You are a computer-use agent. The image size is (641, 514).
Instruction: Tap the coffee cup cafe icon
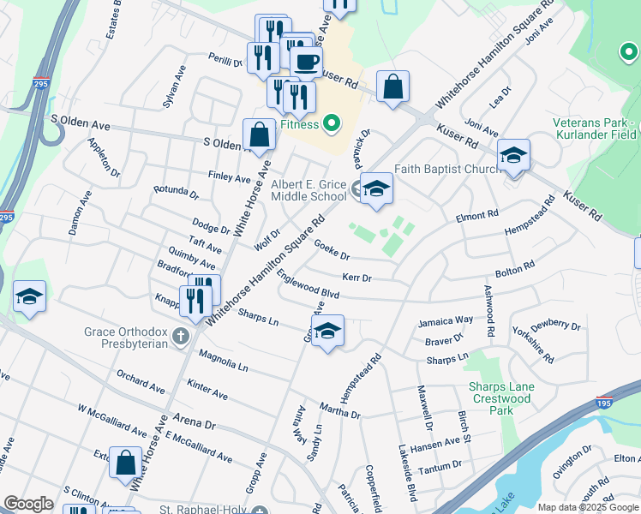click(x=306, y=62)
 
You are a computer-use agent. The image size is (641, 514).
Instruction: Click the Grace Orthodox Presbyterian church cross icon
click(x=180, y=335)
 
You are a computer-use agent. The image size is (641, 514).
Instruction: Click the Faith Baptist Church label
click(x=447, y=169)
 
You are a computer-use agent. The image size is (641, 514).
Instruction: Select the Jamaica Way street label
click(x=446, y=320)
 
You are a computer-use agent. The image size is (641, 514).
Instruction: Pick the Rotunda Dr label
click(x=176, y=190)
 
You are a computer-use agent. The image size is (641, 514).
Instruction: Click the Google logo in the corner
click(x=28, y=504)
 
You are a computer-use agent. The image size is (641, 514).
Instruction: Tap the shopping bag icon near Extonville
click(x=125, y=463)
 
